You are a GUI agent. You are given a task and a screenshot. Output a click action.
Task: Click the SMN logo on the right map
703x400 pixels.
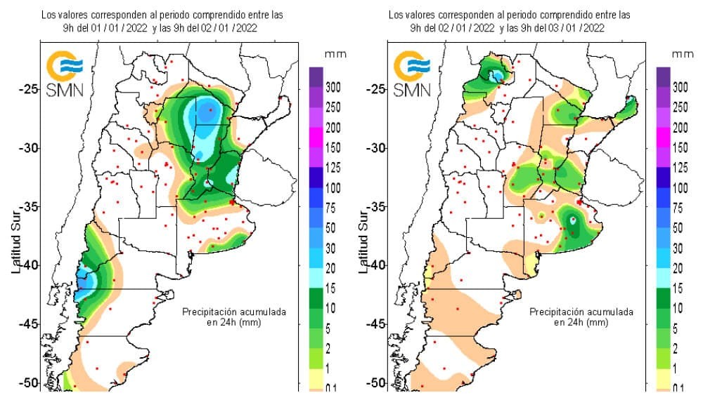coord(411,74)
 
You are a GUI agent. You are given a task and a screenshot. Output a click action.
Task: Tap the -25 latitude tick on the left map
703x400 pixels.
coord(29,89)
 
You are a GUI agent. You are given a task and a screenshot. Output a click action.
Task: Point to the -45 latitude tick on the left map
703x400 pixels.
coord(29,324)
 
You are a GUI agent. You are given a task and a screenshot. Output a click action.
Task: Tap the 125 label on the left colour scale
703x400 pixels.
coord(333,168)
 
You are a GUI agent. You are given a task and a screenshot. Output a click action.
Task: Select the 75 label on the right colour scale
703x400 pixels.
coord(678,208)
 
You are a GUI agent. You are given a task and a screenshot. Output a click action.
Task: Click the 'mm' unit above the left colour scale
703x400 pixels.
coord(333,53)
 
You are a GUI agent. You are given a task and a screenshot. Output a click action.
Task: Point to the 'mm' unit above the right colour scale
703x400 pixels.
coord(680,53)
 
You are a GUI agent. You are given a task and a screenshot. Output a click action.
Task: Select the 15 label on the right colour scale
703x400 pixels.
coord(678,288)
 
